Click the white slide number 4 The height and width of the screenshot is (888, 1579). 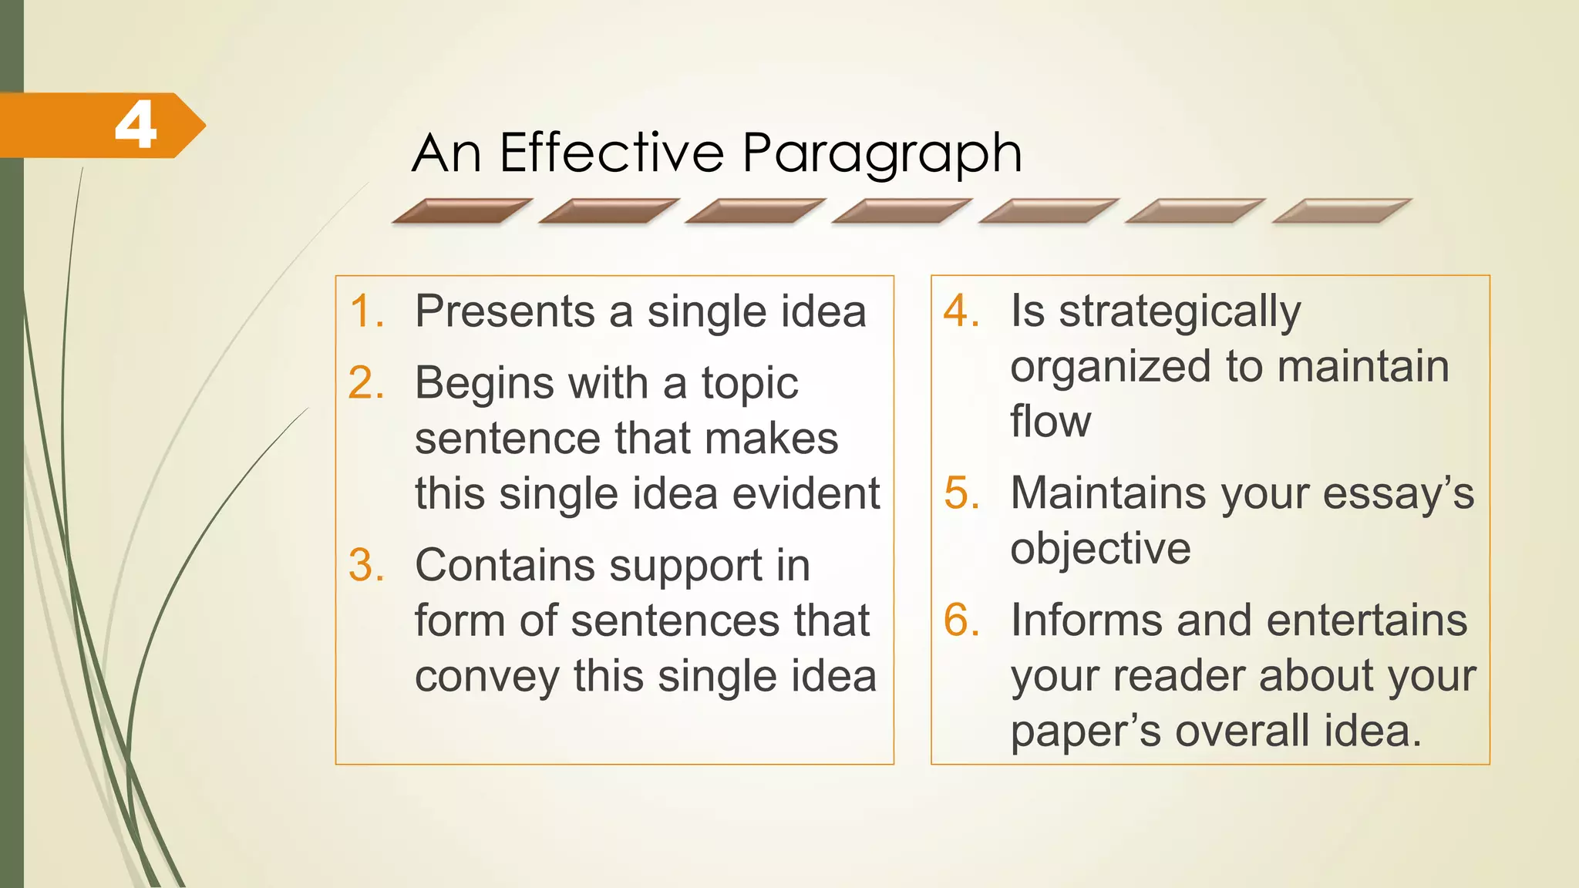(136, 126)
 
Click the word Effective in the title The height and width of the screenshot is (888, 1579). (611, 153)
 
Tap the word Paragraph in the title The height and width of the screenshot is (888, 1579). (882, 154)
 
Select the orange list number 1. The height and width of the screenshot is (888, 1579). (365, 311)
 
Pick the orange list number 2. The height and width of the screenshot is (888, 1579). (365, 383)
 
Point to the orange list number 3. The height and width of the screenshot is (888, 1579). (365, 565)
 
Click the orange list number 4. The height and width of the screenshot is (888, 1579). (961, 311)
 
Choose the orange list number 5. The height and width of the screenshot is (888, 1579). (961, 493)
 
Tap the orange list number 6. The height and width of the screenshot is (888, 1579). (961, 620)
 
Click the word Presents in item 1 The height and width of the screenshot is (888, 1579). (505, 311)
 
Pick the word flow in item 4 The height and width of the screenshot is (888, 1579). (1050, 421)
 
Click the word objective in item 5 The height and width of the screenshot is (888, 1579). (1100, 549)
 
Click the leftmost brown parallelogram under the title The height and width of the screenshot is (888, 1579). (462, 211)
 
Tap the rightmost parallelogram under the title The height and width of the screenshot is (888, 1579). (1342, 211)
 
